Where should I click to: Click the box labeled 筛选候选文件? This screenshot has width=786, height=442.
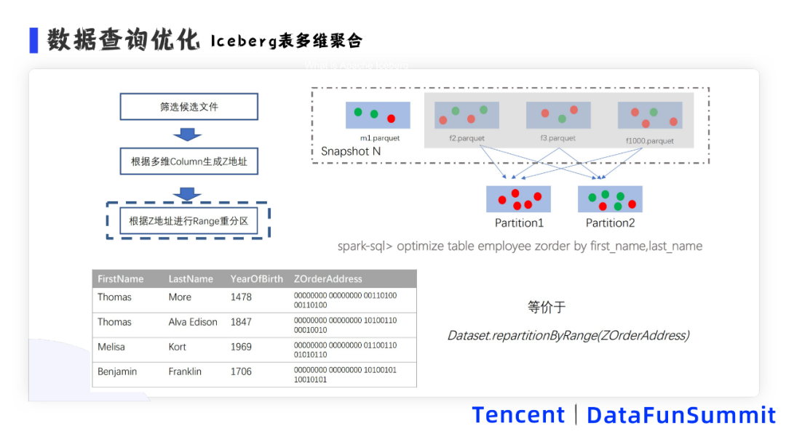[x=188, y=107]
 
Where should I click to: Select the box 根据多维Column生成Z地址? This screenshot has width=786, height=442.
[x=188, y=161]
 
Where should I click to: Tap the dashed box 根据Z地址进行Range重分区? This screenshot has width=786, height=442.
[x=188, y=221]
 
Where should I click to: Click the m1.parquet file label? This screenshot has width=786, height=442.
[x=380, y=138]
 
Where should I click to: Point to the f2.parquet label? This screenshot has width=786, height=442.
[x=467, y=138]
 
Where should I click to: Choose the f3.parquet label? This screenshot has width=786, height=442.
[x=557, y=138]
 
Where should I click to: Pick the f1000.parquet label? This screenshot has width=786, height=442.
[x=649, y=141]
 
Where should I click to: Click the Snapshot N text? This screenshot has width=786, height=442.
[x=351, y=152]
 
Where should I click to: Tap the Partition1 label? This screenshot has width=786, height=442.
[x=519, y=223]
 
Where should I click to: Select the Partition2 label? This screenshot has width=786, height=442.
[x=610, y=223]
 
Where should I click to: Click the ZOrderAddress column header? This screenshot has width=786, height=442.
[x=327, y=279]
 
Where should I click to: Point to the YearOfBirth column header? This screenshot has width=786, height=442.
[x=256, y=279]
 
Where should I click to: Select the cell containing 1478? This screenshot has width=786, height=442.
[x=241, y=297]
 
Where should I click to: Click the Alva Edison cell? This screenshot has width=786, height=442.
[x=193, y=322]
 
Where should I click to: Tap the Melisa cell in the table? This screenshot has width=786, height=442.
[x=111, y=347]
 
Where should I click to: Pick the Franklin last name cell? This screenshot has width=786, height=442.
[x=185, y=371]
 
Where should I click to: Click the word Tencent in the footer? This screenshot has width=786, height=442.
[x=518, y=415]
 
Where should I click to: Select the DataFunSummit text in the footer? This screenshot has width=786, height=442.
[x=681, y=415]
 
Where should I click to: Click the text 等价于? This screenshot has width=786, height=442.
[x=547, y=308]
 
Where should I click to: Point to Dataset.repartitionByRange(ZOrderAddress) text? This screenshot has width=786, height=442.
[x=568, y=335]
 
